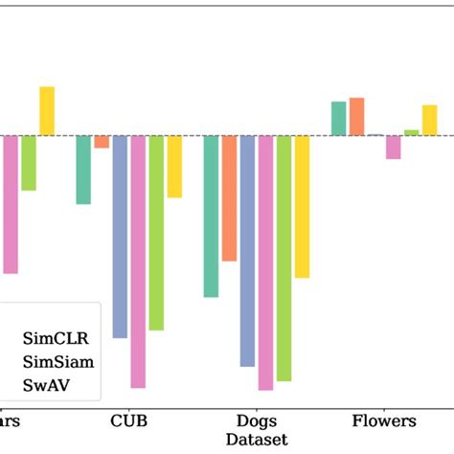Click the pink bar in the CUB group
pos(138,261)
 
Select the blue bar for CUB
pos(120,236)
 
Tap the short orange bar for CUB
pos(102,142)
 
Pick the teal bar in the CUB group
pos(83,170)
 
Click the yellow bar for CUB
pos(174,166)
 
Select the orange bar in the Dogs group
pos(229,197)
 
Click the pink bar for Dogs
pos(265,262)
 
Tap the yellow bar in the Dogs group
pos(302,206)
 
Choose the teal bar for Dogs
pos(211,216)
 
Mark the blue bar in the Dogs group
pos(247,250)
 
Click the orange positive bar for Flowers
pos(356,116)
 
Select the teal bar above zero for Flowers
pos(338,118)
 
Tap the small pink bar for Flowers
pos(393,147)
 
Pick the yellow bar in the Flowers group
pos(429,120)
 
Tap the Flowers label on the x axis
pos(384,421)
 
